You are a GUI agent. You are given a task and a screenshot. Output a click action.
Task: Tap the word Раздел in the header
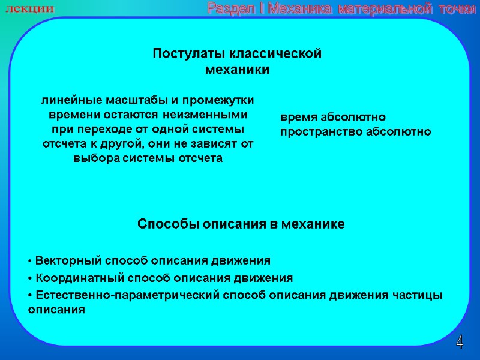(x=227, y=8)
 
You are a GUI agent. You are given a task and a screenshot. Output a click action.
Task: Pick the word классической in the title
(x=273, y=53)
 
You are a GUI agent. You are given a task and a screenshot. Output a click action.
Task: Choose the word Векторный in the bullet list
(x=69, y=261)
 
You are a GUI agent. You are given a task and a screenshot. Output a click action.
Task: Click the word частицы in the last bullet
(x=419, y=295)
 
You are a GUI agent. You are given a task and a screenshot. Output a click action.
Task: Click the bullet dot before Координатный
(x=30, y=278)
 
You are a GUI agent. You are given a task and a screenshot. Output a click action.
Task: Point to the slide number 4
(x=460, y=343)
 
